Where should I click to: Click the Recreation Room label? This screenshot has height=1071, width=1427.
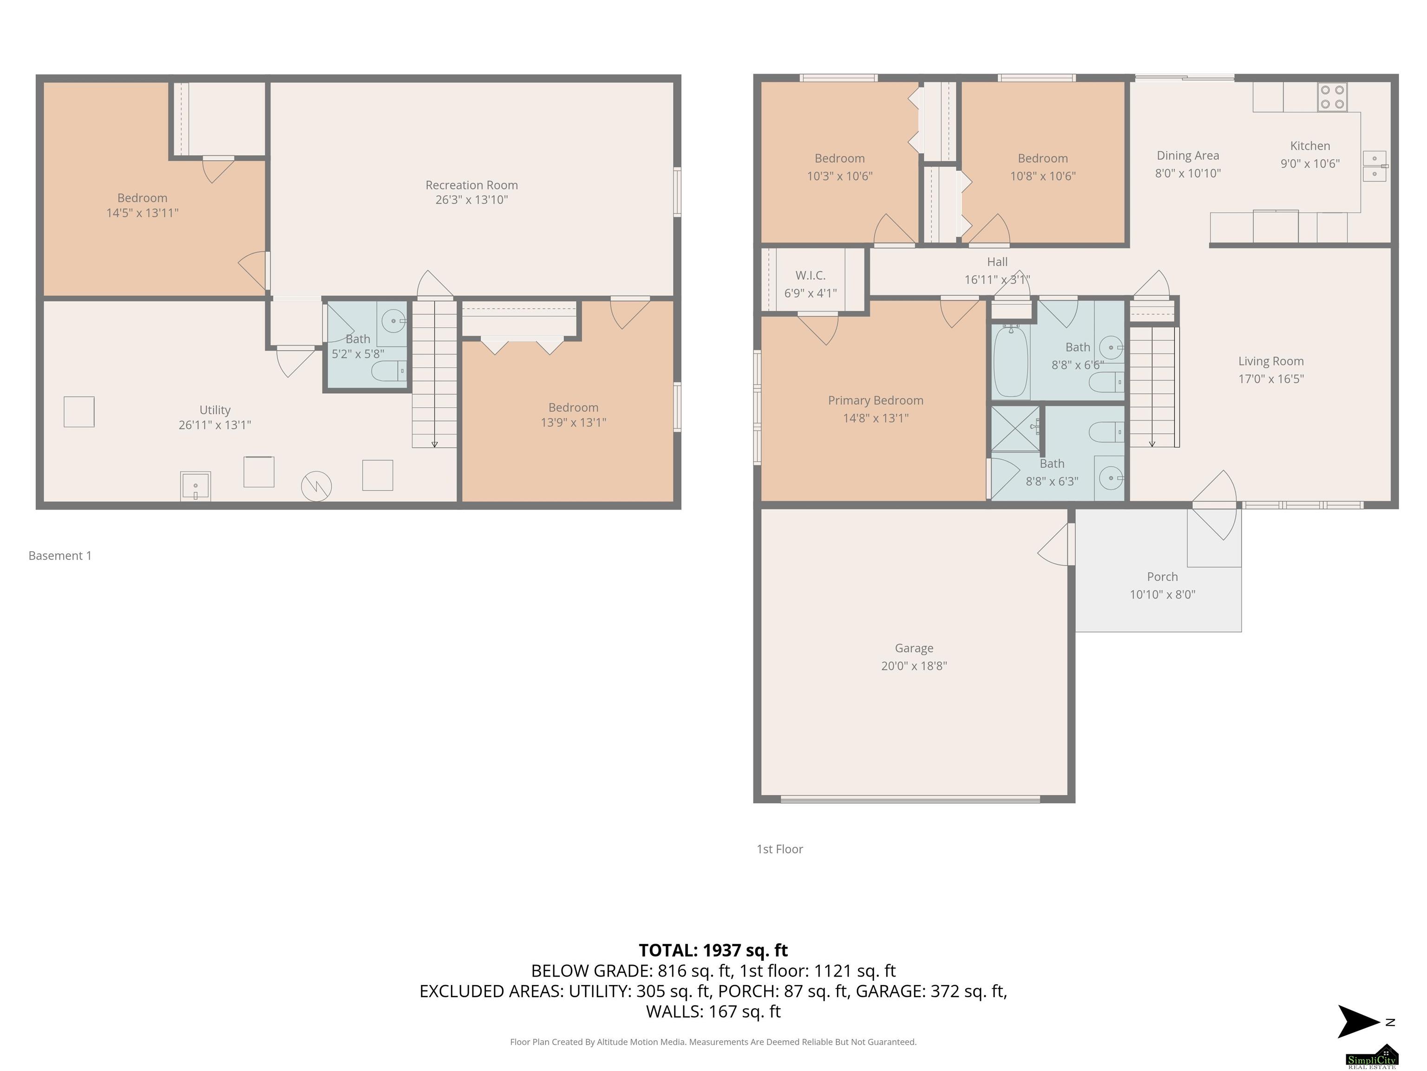(471, 185)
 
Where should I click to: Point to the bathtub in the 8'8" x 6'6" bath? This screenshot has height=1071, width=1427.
(1010, 362)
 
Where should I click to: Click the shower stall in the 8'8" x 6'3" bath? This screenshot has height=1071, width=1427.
(1015, 429)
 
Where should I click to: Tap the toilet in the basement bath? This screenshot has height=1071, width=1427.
(389, 371)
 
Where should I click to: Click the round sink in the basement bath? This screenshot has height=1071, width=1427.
(393, 320)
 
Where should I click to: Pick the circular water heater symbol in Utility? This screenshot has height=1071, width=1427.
(316, 486)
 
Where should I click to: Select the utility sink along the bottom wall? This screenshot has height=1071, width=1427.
(196, 485)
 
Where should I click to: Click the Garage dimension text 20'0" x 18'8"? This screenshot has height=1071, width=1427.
(914, 666)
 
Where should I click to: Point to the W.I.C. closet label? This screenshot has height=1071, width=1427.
(810, 275)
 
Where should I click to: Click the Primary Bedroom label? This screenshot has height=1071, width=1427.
(876, 400)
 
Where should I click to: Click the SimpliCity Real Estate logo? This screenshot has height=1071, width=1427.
(1372, 1056)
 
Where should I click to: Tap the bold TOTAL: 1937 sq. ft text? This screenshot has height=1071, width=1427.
(713, 950)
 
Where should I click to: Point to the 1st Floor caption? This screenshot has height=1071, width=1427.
(779, 849)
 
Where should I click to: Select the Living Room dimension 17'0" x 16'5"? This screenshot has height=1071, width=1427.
(1270, 379)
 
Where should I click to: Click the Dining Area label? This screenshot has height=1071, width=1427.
(1188, 156)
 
